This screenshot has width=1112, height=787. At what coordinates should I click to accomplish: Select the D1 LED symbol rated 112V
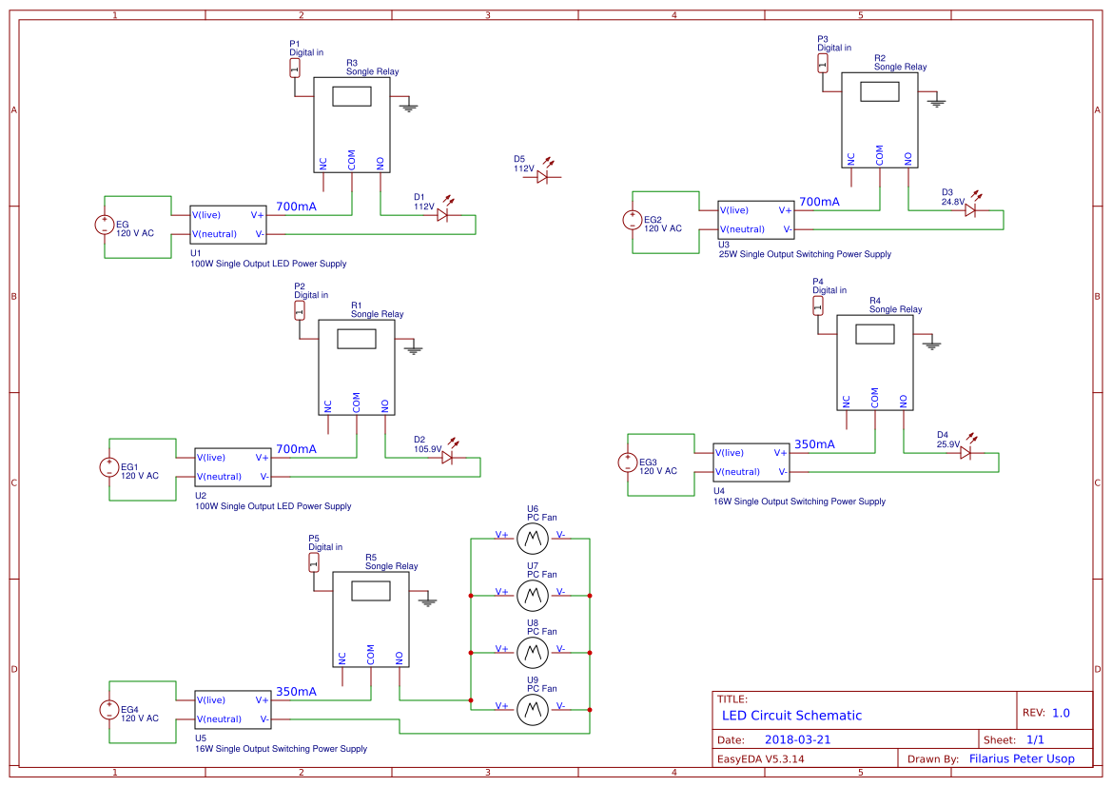pos(443,215)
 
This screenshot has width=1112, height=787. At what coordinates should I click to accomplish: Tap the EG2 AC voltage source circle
pos(632,221)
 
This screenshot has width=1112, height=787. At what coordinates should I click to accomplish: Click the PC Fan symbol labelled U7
pos(532,597)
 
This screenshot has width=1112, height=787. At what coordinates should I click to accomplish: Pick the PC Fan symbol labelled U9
pos(532,710)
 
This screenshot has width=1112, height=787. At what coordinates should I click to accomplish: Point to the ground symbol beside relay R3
pos(409,106)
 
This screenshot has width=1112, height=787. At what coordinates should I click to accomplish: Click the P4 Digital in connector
pos(817,305)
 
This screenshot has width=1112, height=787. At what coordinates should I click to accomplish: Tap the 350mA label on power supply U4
pos(814,444)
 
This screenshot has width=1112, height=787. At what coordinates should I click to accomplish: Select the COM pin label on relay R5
pos(370,655)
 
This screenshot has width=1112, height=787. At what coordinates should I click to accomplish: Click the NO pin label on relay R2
pos(907,158)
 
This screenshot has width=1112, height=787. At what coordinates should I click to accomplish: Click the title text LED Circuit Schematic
pos(791,716)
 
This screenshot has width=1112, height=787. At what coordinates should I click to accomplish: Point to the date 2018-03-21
pos(798,739)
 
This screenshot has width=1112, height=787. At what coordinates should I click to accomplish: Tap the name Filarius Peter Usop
pos(1022,758)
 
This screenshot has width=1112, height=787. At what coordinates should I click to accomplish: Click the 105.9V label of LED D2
pos(428,449)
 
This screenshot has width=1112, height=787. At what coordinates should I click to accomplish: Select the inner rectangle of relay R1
pos(357,339)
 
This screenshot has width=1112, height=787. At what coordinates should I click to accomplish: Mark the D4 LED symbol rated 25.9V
pos(966,453)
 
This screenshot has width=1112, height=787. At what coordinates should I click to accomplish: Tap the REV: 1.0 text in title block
pos(1045,713)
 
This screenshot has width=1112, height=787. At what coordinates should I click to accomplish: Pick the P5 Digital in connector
pos(314,562)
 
